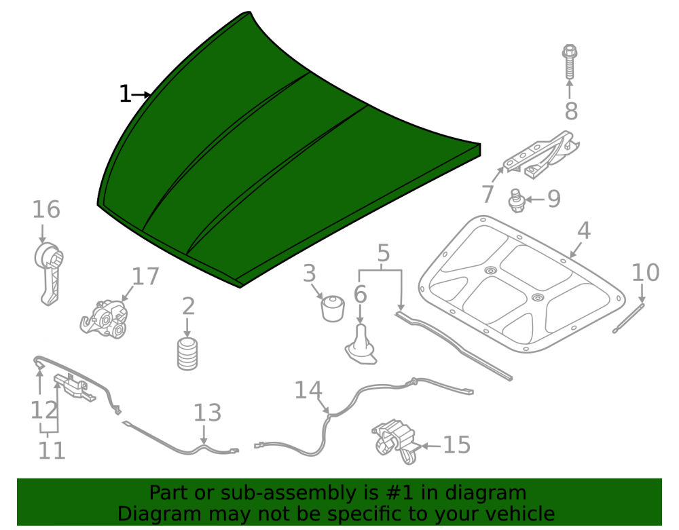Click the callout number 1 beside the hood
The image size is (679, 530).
(x=125, y=94)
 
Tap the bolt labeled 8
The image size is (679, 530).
(x=570, y=62)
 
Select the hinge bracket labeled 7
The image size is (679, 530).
(x=541, y=155)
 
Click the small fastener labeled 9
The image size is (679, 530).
(x=517, y=201)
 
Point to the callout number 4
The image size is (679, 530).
(x=584, y=230)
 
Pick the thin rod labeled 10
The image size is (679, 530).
(x=628, y=318)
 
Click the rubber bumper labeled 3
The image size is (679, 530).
(x=332, y=309)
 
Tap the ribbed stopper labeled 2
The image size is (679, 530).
(x=187, y=354)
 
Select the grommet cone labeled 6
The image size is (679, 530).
(x=361, y=345)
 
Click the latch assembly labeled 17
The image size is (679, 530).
(x=105, y=320)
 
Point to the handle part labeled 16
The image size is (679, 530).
(x=48, y=274)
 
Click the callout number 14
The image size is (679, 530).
(x=308, y=390)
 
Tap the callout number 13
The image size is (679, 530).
(x=207, y=413)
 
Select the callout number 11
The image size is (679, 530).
(x=52, y=451)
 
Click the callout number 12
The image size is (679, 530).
(x=43, y=410)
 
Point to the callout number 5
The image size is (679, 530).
(x=383, y=253)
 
